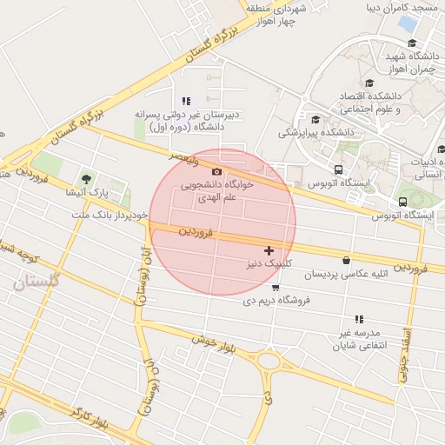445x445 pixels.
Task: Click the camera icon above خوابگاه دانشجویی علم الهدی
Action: (x=216, y=172)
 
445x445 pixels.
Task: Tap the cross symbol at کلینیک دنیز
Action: (x=269, y=250)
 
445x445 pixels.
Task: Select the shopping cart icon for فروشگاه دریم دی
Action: (x=276, y=287)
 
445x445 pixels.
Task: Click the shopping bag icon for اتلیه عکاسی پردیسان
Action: (x=347, y=260)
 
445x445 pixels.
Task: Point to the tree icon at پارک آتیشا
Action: (x=85, y=178)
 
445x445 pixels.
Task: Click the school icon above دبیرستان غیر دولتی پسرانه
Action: (x=185, y=102)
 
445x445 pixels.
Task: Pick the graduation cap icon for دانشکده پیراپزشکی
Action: (x=315, y=120)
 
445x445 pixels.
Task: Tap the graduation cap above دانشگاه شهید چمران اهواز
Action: (x=411, y=43)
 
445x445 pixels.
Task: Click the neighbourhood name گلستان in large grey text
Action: (x=37, y=282)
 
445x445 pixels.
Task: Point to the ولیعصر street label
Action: (x=184, y=160)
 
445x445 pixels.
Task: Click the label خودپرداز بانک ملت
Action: (x=104, y=214)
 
